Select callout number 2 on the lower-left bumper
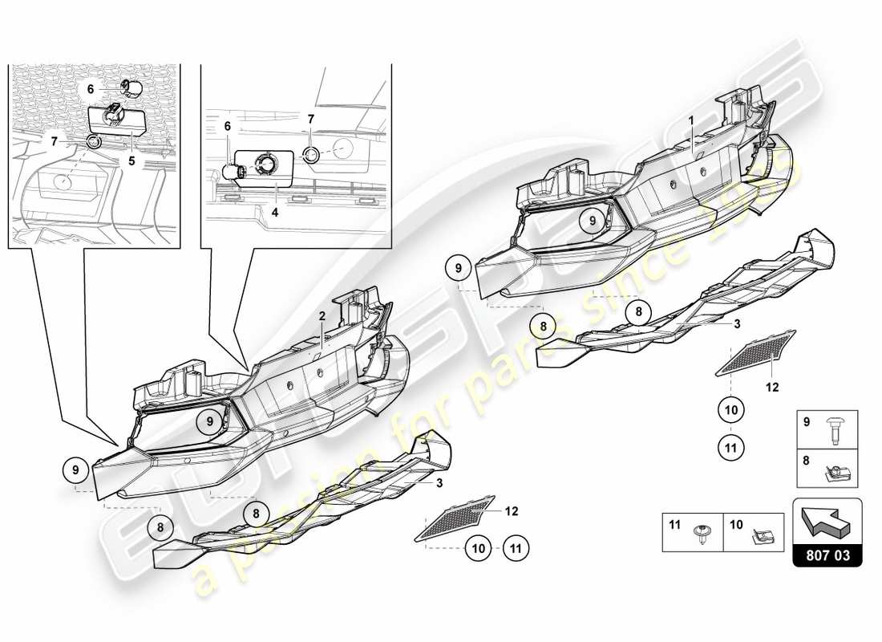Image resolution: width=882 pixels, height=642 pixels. pos(322,317)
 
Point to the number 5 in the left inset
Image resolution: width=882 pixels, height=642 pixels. pos(131,138)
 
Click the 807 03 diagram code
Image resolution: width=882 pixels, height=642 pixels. pos(827,555)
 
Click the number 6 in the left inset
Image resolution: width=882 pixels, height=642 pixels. pos(91,90)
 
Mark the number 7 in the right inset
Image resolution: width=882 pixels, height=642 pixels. pos(311,119)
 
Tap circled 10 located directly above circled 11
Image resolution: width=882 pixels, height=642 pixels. pos(730,410)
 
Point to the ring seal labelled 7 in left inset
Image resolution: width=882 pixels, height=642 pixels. pos(95,142)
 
